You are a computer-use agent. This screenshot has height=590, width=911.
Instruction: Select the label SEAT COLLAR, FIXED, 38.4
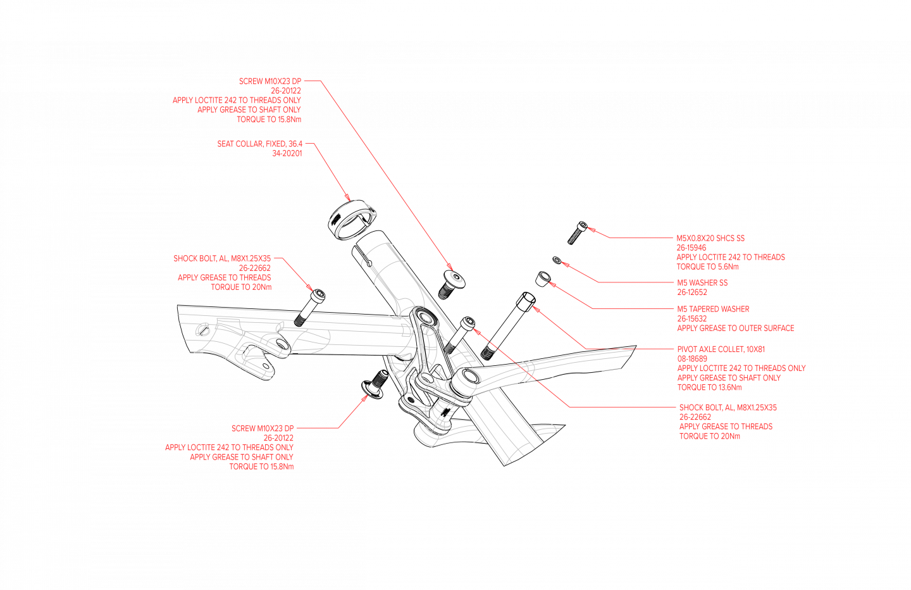(x=259, y=144)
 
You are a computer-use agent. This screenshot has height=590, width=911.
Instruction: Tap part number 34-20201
(x=287, y=153)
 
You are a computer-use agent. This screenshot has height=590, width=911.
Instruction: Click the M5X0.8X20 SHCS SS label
(x=710, y=238)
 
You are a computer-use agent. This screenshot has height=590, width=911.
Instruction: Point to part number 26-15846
(x=691, y=248)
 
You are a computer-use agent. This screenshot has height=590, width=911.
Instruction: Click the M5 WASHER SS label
(x=702, y=282)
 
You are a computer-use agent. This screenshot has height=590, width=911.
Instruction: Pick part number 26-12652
(x=692, y=292)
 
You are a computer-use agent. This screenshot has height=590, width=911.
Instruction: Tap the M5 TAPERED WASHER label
(x=713, y=309)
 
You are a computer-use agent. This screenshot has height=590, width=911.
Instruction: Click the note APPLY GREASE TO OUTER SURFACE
(x=735, y=328)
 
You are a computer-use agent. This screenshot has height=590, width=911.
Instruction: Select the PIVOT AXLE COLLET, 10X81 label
(x=721, y=349)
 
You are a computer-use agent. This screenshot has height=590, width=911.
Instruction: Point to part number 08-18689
(x=692, y=358)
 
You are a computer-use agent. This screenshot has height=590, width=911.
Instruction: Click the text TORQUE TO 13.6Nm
(x=709, y=387)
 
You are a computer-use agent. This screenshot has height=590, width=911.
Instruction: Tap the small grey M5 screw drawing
(x=574, y=235)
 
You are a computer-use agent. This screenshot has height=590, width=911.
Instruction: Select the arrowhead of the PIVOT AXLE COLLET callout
(x=535, y=308)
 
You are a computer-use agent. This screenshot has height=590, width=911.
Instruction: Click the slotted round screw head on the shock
(x=203, y=330)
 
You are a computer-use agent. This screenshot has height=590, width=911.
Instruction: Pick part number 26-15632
(x=691, y=318)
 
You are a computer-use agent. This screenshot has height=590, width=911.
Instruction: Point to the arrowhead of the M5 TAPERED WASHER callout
(x=551, y=284)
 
